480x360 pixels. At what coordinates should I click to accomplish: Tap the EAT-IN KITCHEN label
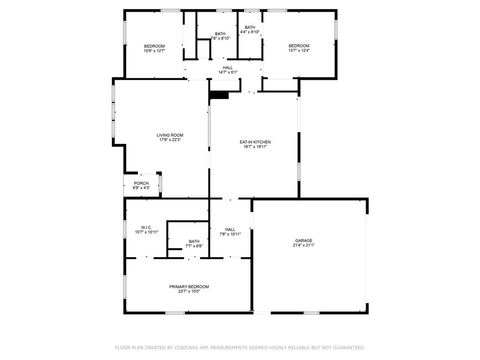(255, 142)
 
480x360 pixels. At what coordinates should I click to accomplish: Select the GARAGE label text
(304, 240)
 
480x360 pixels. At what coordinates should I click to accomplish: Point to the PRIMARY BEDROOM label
(189, 287)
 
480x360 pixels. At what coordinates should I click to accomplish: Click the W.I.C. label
(146, 227)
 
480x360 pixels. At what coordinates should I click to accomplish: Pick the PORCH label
(141, 183)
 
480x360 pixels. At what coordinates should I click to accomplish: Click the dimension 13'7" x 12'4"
(299, 51)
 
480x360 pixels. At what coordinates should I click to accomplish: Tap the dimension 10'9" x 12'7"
(154, 51)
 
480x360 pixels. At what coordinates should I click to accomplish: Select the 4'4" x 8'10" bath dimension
(250, 32)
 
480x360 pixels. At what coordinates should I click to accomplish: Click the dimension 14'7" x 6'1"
(228, 72)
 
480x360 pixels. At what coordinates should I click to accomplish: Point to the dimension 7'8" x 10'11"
(230, 234)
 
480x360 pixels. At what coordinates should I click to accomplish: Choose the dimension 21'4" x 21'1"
(304, 245)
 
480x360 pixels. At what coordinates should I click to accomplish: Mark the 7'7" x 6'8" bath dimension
(194, 246)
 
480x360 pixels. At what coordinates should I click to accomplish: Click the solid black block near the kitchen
(219, 95)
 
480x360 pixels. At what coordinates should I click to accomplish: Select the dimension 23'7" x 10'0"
(189, 292)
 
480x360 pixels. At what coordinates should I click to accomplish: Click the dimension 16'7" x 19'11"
(255, 147)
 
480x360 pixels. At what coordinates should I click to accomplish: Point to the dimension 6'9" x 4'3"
(141, 188)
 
